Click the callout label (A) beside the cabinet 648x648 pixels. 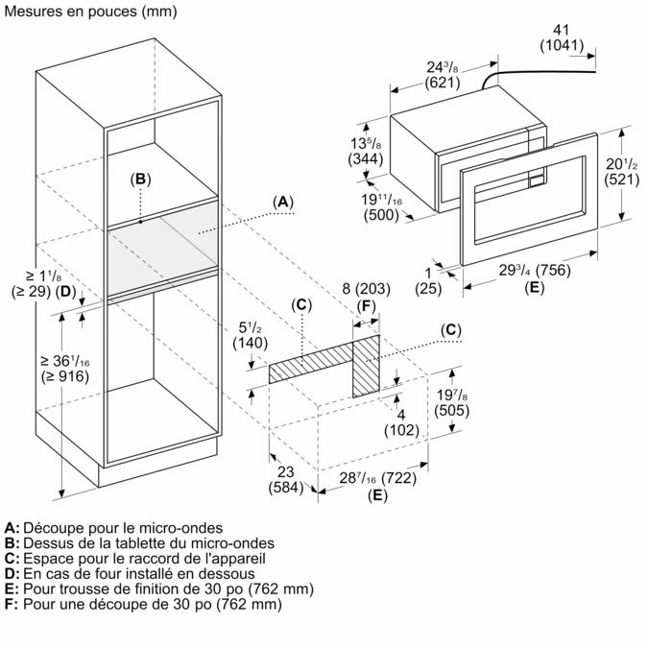tap(282, 202)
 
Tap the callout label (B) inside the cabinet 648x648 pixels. tap(140, 179)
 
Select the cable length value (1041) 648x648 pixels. tap(564, 46)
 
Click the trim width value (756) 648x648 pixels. tap(549, 270)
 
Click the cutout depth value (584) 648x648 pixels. tap(285, 488)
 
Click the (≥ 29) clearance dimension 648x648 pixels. tap(29, 291)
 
